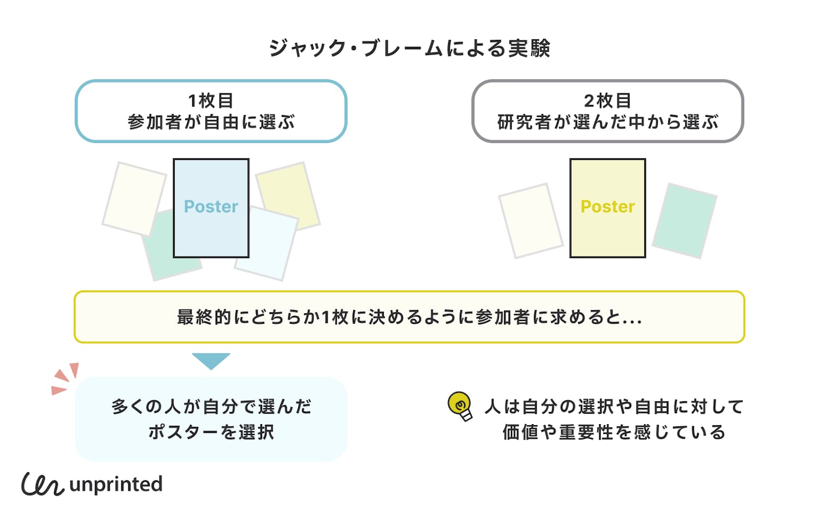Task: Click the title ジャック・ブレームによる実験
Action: click(x=410, y=49)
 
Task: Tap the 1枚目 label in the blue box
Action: click(x=211, y=100)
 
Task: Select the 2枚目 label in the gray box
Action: click(x=608, y=100)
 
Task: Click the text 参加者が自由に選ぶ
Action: click(x=211, y=122)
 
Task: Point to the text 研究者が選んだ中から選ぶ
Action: click(x=608, y=122)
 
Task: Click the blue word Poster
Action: click(x=211, y=206)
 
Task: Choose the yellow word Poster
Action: click(x=608, y=206)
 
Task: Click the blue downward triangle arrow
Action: click(x=211, y=360)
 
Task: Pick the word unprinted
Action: click(x=116, y=484)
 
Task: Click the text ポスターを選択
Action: click(x=211, y=432)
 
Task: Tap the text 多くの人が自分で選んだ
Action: click(x=211, y=407)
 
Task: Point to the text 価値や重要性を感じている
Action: click(x=614, y=432)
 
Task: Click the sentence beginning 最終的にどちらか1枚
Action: click(x=410, y=317)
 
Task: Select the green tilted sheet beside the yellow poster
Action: click(x=684, y=220)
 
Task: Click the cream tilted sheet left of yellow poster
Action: click(x=531, y=220)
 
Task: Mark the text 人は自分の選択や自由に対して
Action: click(x=614, y=407)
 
